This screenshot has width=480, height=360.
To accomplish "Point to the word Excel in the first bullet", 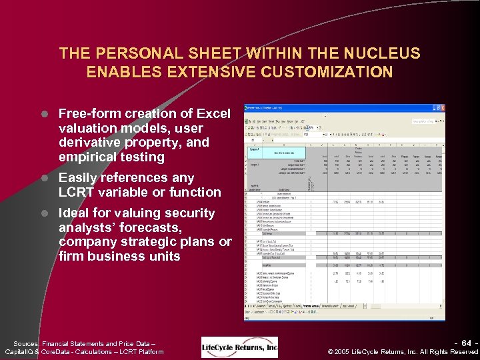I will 213,113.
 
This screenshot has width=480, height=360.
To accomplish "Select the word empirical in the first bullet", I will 87,157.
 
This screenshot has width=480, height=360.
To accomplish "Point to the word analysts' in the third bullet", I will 85,227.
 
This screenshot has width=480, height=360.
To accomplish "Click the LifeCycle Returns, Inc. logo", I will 240,347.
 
